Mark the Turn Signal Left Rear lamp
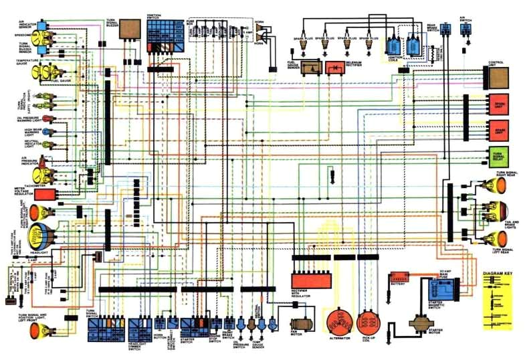[496, 238]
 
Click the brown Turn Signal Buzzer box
[130, 30]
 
